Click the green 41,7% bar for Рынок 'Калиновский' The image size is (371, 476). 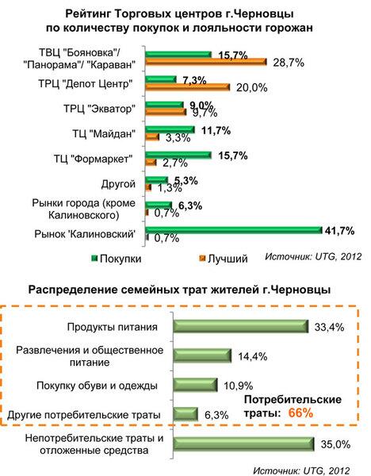click(234, 230)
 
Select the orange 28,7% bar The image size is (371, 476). click(205, 62)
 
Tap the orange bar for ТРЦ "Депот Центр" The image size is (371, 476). click(187, 87)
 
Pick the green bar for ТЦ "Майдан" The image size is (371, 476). click(170, 129)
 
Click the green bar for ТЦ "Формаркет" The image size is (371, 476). click(178, 155)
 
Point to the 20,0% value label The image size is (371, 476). click(252, 88)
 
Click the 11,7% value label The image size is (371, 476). click(216, 131)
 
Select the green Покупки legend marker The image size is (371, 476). click(95, 259)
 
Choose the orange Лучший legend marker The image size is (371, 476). click(202, 259)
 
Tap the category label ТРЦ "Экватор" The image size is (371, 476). click(98, 109)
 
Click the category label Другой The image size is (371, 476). click(118, 184)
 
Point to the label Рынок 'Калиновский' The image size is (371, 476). click(85, 234)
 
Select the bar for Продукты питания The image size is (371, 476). click(241, 327)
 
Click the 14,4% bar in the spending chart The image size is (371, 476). click(202, 355)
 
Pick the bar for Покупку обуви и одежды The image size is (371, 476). click(195, 385)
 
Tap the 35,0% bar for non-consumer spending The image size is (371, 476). click(244, 444)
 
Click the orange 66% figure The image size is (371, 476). click(300, 413)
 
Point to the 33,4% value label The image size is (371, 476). click(330, 327)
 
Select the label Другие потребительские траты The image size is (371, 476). click(84, 415)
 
